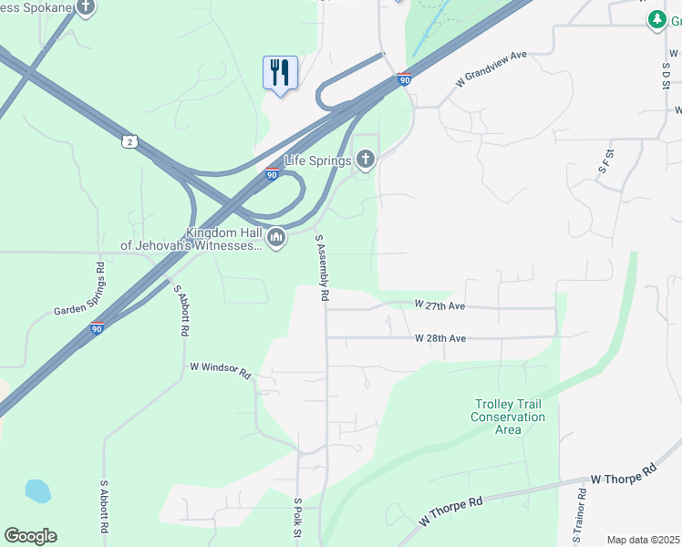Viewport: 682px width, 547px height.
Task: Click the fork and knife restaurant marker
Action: (x=280, y=72)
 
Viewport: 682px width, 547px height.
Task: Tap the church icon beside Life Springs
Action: (x=365, y=161)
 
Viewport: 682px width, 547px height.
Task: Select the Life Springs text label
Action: (x=318, y=161)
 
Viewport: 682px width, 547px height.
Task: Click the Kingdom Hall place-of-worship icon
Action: (x=275, y=239)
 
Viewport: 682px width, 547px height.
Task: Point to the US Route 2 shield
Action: (x=130, y=141)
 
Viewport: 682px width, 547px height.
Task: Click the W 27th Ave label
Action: (x=439, y=304)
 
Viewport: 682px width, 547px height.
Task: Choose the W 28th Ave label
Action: (x=440, y=338)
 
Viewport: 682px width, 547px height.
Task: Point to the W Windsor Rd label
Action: (x=220, y=368)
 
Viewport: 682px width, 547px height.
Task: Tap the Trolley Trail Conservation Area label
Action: (x=508, y=417)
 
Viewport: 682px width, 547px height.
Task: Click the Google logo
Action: (x=30, y=536)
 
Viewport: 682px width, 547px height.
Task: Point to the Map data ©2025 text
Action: (x=643, y=540)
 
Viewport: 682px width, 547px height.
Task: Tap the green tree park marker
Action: (x=656, y=19)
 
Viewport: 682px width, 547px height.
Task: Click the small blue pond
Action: (x=37, y=490)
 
